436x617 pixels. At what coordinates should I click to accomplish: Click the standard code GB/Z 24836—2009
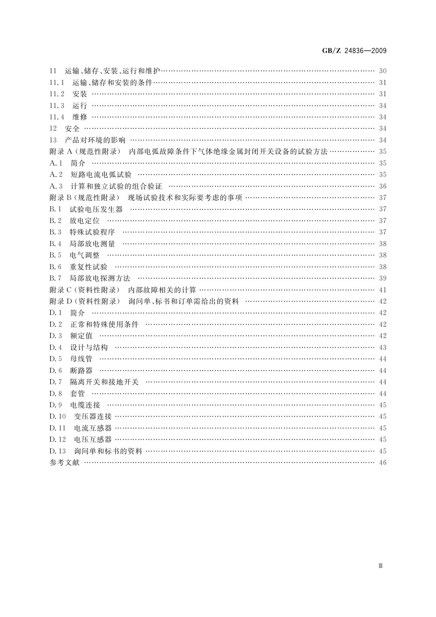[x=354, y=51]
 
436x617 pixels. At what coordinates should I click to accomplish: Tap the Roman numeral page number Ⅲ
[x=380, y=566]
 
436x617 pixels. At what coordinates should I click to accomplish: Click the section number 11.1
[x=57, y=82]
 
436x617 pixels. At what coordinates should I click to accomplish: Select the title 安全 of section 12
[x=72, y=129]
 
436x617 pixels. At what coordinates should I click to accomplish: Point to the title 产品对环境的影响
[x=95, y=140]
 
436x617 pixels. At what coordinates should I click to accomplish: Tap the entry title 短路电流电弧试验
[x=101, y=175]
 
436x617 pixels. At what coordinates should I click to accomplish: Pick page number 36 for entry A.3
[x=383, y=186]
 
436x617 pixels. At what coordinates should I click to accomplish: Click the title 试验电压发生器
[x=96, y=209]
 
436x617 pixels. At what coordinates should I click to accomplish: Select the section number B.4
[x=55, y=244]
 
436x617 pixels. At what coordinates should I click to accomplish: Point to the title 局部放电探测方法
[x=100, y=278]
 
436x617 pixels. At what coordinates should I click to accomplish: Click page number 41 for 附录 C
[x=383, y=290]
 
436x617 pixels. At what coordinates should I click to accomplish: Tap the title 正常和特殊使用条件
[x=104, y=324]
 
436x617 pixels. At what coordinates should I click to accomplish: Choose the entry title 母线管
[x=81, y=359]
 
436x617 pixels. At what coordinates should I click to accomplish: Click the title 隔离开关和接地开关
[x=104, y=382]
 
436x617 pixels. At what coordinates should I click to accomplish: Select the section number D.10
[x=57, y=417]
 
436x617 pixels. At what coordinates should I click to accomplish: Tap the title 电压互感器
[x=93, y=440]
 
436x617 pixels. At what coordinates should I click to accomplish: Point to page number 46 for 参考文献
[x=383, y=462]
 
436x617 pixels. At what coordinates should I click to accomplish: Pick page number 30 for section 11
[x=383, y=71]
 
